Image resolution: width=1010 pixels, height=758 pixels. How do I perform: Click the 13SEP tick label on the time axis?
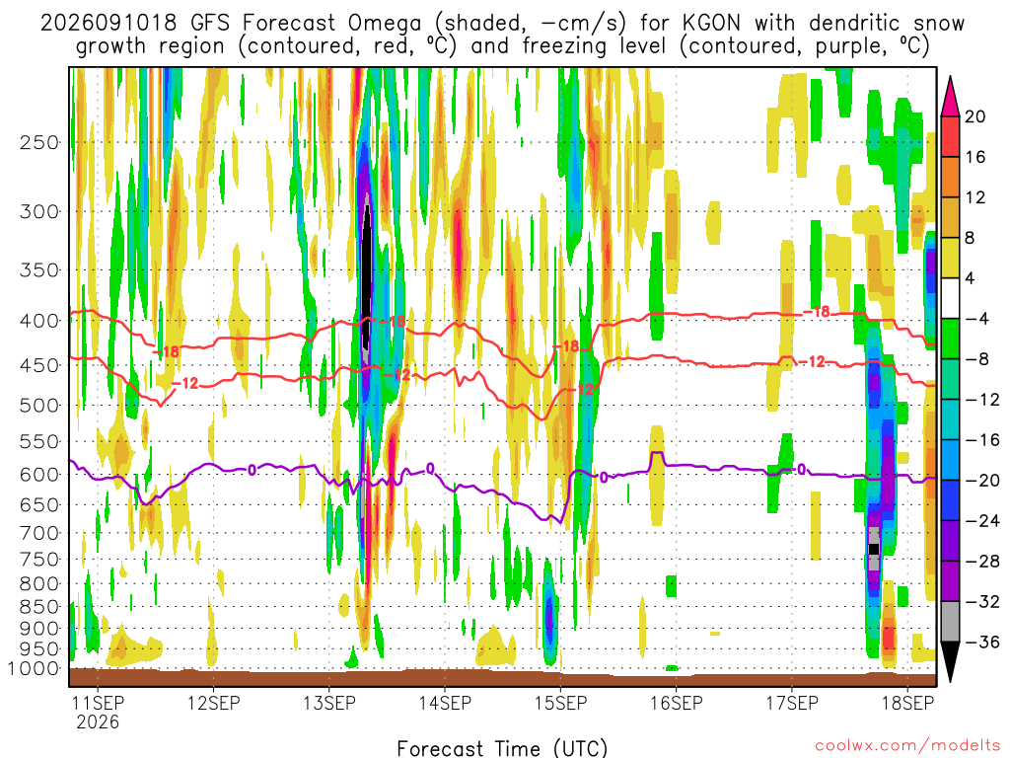click(x=329, y=703)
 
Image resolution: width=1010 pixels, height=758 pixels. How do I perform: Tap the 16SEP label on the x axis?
click(x=677, y=703)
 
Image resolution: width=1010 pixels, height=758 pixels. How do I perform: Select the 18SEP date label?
click(x=907, y=703)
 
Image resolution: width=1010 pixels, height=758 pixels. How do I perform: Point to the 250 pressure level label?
click(x=39, y=142)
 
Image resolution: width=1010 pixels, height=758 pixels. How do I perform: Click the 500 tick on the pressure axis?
click(x=39, y=406)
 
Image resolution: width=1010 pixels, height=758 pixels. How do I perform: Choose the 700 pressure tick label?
click(x=39, y=533)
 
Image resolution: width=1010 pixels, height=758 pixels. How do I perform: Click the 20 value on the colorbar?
click(x=975, y=116)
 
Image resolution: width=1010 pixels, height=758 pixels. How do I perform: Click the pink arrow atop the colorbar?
click(x=950, y=96)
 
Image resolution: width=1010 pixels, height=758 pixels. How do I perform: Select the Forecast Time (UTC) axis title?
click(x=502, y=748)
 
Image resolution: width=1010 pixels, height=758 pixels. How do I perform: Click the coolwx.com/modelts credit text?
click(x=907, y=746)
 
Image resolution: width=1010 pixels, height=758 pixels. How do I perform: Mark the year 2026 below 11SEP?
click(x=98, y=721)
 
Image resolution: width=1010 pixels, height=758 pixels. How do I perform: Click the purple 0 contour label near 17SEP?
click(x=801, y=469)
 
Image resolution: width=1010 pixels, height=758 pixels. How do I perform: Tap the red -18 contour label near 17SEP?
click(x=818, y=312)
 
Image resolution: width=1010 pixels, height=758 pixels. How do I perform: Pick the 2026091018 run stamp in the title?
click(x=108, y=24)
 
